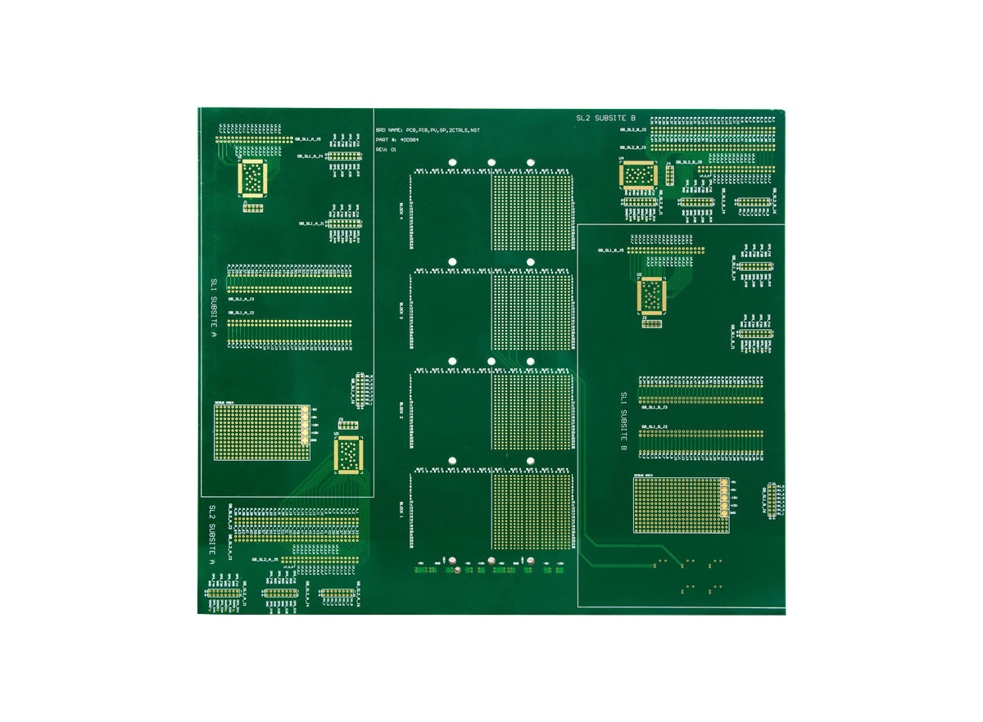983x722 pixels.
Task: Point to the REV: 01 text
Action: (x=386, y=150)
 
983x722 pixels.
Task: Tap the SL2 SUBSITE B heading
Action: (x=605, y=119)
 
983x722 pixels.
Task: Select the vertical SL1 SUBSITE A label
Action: (x=214, y=312)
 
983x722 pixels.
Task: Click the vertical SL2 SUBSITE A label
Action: (x=211, y=535)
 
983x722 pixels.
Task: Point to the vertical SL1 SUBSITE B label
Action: (x=623, y=422)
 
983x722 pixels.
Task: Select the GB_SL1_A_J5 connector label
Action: (x=307, y=138)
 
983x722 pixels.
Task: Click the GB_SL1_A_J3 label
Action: (x=241, y=300)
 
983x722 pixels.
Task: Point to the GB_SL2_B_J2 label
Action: (x=632, y=129)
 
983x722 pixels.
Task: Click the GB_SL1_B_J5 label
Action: (x=610, y=250)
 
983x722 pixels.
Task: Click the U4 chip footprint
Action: (x=639, y=174)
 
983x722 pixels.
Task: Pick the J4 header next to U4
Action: (x=670, y=175)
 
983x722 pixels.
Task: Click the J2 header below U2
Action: (x=651, y=323)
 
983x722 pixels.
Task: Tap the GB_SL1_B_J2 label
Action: (x=655, y=427)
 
